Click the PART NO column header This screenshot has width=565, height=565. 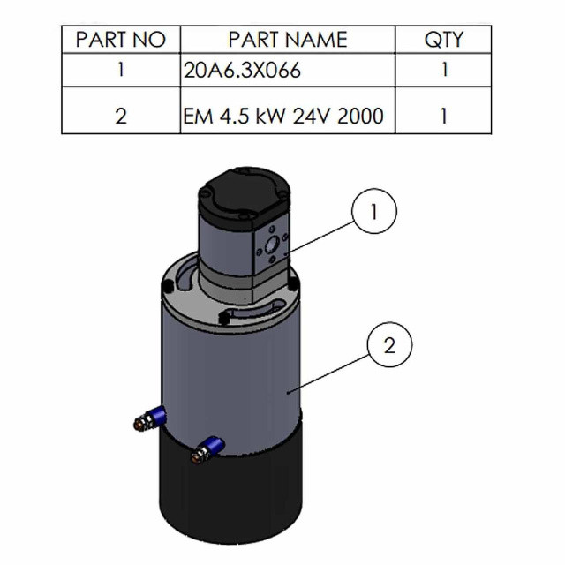[x=121, y=39]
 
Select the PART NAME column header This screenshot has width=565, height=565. [x=288, y=39]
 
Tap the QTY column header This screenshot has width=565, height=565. [x=443, y=39]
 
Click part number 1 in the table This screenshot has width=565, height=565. [x=121, y=70]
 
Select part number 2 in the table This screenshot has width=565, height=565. [x=121, y=116]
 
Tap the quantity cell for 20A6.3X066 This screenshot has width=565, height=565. [x=444, y=70]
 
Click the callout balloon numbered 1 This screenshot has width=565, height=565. [x=374, y=211]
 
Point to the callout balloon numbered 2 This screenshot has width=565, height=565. [x=389, y=345]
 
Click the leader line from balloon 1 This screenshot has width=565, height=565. [x=320, y=237]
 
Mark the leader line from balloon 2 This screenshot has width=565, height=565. [x=328, y=373]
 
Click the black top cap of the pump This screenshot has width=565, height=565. [x=245, y=194]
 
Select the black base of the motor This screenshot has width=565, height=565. [x=230, y=490]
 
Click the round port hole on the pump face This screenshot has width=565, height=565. [x=272, y=245]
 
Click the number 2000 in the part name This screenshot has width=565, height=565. [x=360, y=116]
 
